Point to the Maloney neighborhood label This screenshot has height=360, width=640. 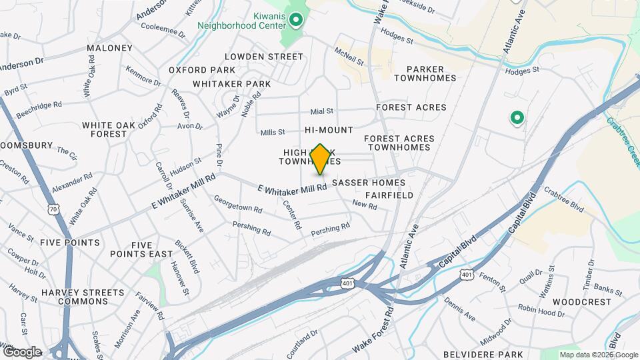click(110, 48)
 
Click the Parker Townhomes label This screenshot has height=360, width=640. click(425, 73)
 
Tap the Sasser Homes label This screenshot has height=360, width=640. click(368, 182)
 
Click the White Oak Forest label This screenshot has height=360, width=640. click(104, 129)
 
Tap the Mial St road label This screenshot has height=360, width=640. click(321, 111)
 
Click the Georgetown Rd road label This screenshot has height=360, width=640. click(237, 203)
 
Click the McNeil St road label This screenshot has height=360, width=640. click(349, 56)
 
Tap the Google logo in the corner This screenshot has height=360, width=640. click(22, 352)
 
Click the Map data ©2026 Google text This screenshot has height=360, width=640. click(599, 355)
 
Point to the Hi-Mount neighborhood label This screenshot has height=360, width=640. click(329, 130)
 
